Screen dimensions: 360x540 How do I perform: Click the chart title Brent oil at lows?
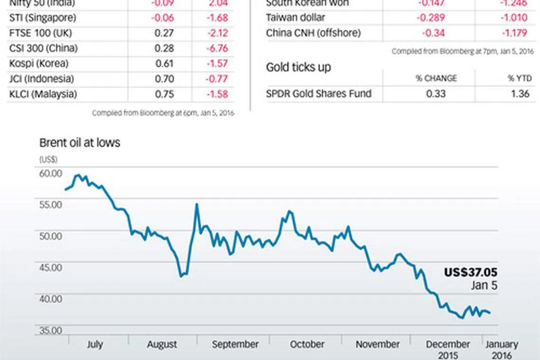click(x=80, y=143)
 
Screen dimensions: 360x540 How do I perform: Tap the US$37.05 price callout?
click(x=470, y=272)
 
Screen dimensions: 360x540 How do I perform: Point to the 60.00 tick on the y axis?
click(x=50, y=173)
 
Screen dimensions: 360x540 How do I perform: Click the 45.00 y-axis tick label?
click(x=50, y=267)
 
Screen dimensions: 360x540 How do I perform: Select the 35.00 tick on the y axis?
click(x=50, y=330)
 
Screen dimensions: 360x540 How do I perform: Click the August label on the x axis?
click(x=162, y=344)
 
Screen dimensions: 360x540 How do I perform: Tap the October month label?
click(x=307, y=344)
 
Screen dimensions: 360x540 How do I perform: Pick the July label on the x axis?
click(x=95, y=344)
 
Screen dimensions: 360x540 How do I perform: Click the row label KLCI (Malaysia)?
click(x=43, y=94)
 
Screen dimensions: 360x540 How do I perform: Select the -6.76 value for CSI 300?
click(x=216, y=48)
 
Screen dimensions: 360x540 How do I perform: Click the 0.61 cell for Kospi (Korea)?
click(x=164, y=63)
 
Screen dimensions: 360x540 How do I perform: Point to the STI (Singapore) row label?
click(x=42, y=18)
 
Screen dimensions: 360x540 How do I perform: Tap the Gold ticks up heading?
click(x=298, y=67)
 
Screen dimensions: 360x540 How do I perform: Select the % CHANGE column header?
click(x=436, y=78)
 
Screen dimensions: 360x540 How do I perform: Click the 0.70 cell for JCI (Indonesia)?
click(x=164, y=79)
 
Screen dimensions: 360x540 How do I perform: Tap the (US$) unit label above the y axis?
click(x=48, y=159)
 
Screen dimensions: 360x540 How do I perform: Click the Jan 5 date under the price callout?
click(x=484, y=286)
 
